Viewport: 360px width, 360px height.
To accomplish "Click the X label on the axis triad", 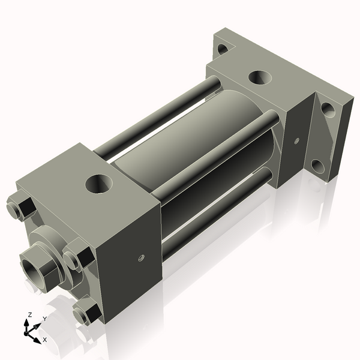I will click(45, 340).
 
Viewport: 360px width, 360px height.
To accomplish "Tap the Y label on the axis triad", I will click(44, 319).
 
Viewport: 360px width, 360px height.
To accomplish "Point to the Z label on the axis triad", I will click(30, 314).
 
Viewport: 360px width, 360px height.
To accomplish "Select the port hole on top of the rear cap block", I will click(259, 77).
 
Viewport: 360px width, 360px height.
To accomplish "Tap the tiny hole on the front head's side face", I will click(141, 259).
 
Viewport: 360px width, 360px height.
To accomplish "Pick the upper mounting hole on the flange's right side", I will click(328, 110).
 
